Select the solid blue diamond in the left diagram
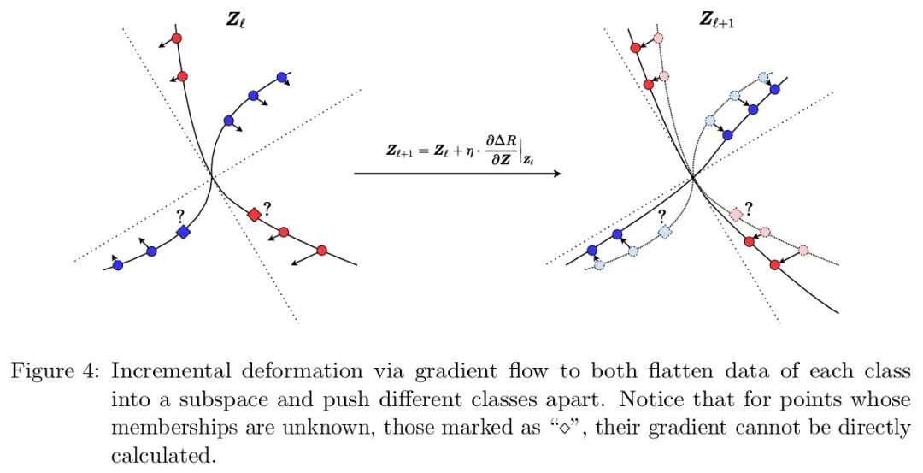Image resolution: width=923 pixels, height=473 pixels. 182,232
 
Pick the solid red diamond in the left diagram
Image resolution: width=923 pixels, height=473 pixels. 254,214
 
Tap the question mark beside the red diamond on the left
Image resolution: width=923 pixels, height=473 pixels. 267,207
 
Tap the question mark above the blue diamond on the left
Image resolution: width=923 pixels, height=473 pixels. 180,216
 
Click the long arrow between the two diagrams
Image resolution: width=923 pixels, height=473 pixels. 457,174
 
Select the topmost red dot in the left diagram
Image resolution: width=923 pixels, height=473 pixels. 177,38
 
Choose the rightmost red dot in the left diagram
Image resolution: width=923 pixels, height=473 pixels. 321,251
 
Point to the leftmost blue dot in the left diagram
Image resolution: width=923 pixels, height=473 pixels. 118,265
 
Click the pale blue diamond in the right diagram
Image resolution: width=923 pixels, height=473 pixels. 665,232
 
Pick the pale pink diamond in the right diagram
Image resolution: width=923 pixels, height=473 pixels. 736,214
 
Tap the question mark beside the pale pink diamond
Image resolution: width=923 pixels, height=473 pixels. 749,207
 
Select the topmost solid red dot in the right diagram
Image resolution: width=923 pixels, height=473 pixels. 635,49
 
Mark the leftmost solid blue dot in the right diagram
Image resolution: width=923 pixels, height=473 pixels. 592,250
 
